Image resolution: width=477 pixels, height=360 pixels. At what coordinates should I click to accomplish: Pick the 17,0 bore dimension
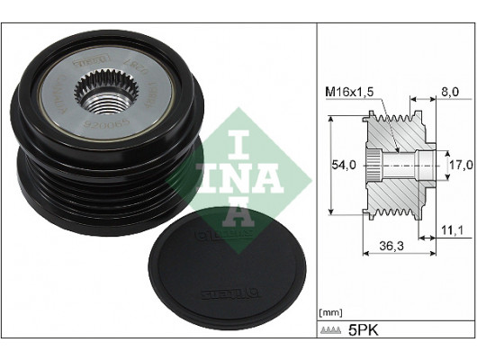pyautogui.click(x=461, y=165)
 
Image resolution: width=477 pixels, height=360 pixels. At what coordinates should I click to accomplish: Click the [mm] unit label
pyautogui.click(x=331, y=311)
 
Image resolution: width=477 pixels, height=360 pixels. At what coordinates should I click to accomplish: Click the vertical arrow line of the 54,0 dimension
pyautogui.click(x=333, y=166)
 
